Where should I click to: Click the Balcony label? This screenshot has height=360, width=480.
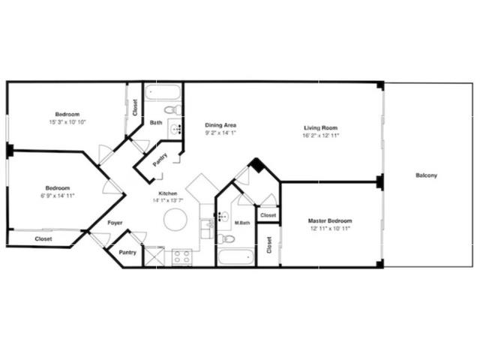point(426,175)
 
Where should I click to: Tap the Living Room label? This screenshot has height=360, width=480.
point(320,128)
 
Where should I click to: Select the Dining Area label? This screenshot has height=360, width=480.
point(220,125)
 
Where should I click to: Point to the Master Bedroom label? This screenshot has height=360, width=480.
point(330,220)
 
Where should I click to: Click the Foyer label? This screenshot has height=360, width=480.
point(115,223)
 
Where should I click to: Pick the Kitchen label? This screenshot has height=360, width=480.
point(168,193)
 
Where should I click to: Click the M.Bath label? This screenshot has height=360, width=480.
point(242,223)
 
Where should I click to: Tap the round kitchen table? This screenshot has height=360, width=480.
point(175,220)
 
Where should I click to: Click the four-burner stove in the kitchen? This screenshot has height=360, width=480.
point(181,257)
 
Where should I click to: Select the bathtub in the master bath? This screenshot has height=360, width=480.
point(235,257)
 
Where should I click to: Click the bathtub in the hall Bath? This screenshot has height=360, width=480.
point(163,91)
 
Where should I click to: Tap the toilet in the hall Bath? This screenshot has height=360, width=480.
point(173,109)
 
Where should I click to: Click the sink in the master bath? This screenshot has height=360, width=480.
point(223,217)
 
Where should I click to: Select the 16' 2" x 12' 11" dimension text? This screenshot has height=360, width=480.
point(320,136)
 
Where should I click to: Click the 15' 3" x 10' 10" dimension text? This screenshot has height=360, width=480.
point(67,121)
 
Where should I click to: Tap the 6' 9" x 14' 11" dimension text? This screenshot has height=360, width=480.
point(58,196)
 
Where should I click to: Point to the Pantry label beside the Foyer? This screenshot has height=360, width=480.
point(127,253)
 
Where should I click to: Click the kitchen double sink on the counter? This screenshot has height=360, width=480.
point(207,229)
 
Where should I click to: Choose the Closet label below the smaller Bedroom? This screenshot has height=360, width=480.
point(43,238)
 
